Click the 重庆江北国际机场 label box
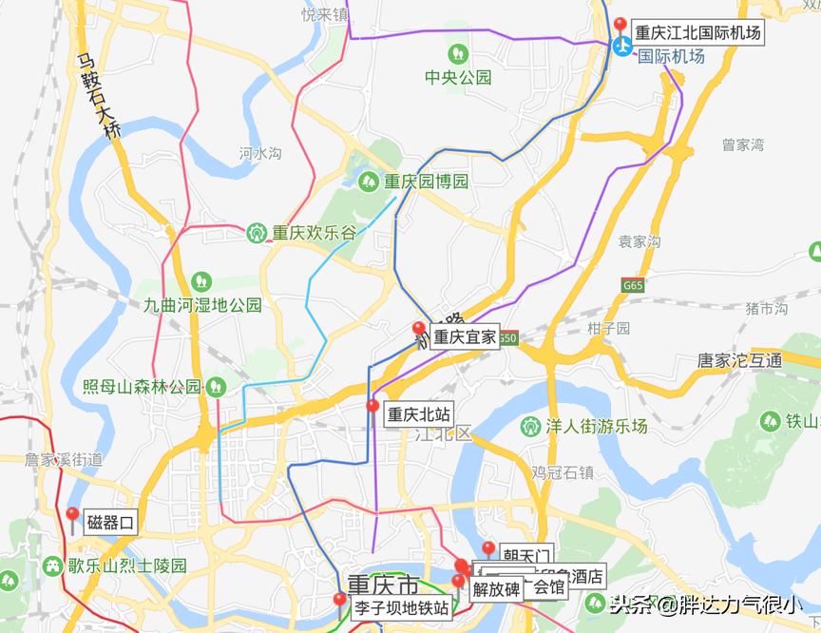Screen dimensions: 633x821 point(697,32)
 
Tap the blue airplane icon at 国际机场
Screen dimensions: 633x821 point(622,47)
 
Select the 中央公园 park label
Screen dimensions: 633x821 point(458,77)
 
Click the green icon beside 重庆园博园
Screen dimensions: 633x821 point(369,181)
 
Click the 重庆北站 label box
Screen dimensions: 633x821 point(418,414)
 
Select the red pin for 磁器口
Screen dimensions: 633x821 point(72,516)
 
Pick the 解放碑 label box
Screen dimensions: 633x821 point(496,589)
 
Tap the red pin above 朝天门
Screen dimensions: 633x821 point(488,548)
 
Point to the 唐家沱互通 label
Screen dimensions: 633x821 point(739,360)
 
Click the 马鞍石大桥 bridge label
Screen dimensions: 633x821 point(101,96)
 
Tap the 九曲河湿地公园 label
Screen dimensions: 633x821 point(201,305)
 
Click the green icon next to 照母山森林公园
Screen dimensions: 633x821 point(217,386)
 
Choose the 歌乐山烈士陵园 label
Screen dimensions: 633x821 point(126,566)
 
